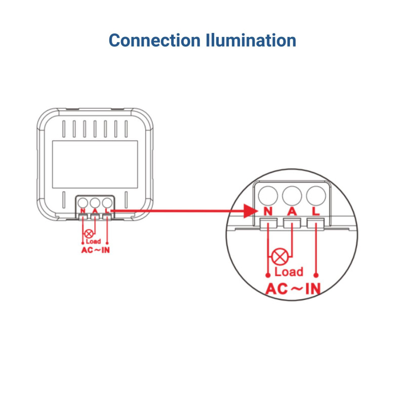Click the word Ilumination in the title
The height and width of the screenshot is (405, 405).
pos(252,40)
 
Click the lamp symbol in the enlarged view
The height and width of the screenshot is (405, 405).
pos(279,257)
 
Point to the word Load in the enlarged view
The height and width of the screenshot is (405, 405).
pos(289,272)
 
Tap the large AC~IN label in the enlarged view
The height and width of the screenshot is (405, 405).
pos(293,289)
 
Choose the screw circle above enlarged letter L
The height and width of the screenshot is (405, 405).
pos(315,194)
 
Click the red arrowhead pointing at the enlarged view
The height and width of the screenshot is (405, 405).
pos(251,211)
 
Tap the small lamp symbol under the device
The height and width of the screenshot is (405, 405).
pos(89,233)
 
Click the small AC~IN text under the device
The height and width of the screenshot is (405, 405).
pos(95,250)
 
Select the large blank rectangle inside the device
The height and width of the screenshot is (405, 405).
pos(95,157)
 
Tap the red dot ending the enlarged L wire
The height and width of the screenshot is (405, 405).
pos(316,275)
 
